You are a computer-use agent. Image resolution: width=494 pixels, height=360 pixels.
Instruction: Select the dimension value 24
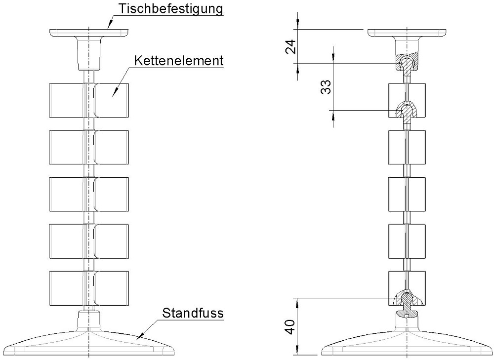(x=291, y=46)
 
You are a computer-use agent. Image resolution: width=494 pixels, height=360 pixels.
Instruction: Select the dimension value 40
(x=291, y=327)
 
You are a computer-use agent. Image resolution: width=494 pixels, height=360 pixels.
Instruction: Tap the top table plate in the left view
(x=89, y=33)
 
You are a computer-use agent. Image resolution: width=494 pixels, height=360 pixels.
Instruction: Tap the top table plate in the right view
(x=408, y=33)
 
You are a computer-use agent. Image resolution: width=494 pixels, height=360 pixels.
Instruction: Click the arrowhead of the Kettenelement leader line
(x=113, y=94)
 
